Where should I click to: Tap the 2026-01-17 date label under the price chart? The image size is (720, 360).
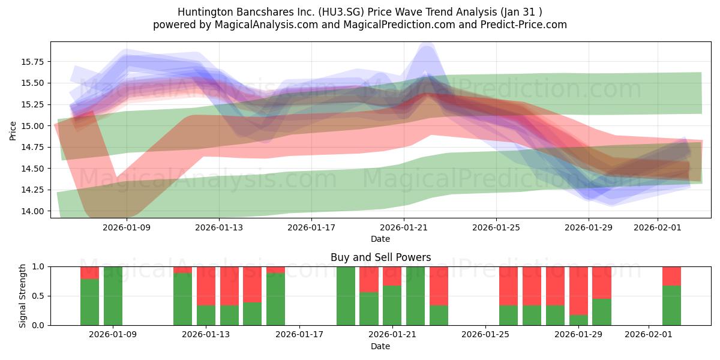(x=311, y=228)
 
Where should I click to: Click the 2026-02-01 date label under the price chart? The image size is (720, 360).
(x=658, y=228)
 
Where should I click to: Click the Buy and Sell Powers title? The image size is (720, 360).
(x=380, y=257)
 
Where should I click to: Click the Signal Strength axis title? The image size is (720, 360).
(x=22, y=295)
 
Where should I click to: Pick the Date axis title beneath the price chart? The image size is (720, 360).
(x=380, y=239)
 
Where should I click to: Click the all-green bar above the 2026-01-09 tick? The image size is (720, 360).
(x=113, y=295)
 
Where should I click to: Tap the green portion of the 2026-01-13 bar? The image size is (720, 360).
(x=206, y=315)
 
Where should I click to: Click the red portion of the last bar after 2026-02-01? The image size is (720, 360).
(x=671, y=275)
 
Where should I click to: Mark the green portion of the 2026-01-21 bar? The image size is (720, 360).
(x=392, y=305)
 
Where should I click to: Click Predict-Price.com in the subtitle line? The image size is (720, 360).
(x=527, y=25)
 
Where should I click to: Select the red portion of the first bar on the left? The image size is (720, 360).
(x=89, y=272)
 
